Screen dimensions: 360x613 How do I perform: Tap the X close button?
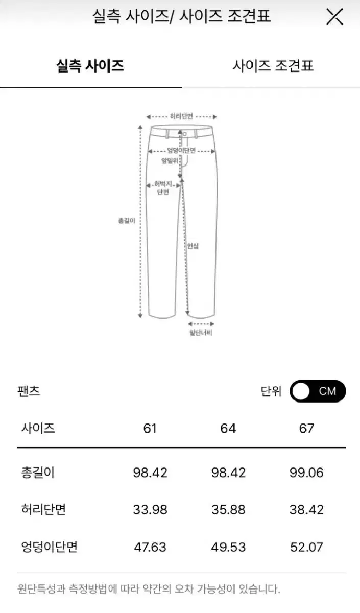334,17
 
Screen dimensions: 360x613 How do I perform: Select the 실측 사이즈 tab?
90,66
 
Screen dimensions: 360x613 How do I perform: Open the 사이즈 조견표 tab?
273,66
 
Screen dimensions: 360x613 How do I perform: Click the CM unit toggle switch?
318,391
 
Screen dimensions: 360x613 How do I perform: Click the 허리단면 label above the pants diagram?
181,116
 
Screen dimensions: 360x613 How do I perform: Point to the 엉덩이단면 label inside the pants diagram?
181,151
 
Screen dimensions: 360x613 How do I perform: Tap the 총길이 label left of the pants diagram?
127,221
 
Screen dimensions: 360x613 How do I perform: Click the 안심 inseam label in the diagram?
193,246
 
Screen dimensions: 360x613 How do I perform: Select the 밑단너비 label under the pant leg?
201,333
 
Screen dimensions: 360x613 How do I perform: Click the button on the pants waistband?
185,134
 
